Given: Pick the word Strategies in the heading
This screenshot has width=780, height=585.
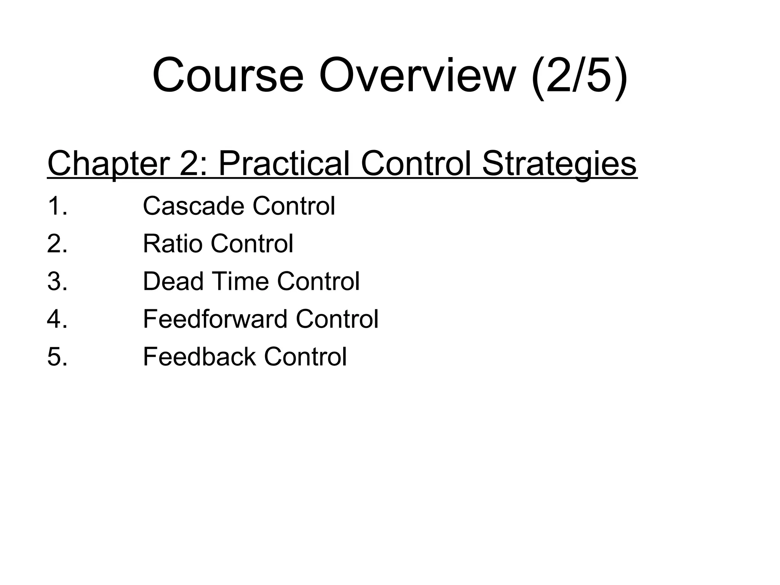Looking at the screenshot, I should click(559, 164).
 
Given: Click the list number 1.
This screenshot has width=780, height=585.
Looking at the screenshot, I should click(57, 206).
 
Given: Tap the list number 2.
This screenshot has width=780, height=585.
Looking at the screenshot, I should click(57, 244).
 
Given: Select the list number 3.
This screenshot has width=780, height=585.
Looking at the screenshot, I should click(57, 281).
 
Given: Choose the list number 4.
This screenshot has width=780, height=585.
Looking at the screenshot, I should click(57, 319).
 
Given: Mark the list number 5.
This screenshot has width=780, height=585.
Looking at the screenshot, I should click(57, 357).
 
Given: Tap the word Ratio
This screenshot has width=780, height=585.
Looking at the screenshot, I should click(172, 244).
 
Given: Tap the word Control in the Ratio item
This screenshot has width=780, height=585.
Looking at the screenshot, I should click(252, 244).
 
